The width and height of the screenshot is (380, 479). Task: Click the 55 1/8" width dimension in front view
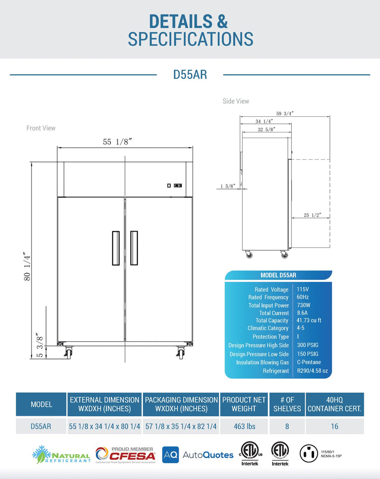click(117, 142)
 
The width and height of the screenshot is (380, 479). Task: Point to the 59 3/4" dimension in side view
click(285, 114)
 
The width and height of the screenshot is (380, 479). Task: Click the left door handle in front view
click(116, 248)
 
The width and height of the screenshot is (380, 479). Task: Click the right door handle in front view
click(134, 248)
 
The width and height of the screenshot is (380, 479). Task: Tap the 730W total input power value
click(304, 305)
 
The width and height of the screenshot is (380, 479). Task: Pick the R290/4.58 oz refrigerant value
click(313, 371)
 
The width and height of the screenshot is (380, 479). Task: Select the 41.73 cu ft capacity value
click(309, 320)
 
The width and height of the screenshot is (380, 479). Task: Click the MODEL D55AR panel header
click(278, 275)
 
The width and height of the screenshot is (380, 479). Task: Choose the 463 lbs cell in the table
click(244, 426)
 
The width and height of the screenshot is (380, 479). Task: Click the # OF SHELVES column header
click(287, 404)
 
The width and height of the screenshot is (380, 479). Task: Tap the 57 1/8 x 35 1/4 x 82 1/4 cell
click(181, 426)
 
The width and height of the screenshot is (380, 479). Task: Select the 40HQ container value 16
click(334, 426)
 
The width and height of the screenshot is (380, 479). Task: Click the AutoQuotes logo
click(198, 455)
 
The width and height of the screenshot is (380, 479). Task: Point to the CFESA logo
click(126, 454)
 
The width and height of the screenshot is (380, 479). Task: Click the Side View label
click(236, 101)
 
